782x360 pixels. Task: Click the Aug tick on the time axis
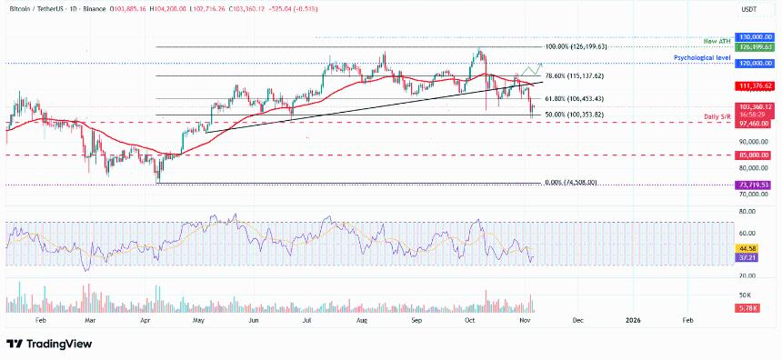click(x=361, y=321)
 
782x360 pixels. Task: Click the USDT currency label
click(x=751, y=8)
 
